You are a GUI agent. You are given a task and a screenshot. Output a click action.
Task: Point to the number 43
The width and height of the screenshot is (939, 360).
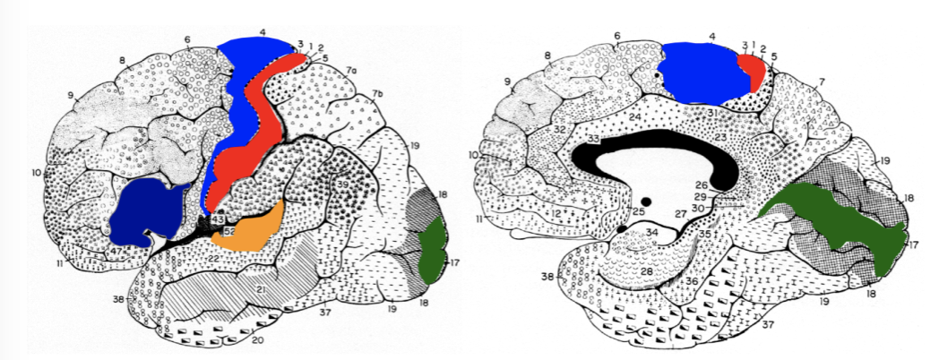(217, 220)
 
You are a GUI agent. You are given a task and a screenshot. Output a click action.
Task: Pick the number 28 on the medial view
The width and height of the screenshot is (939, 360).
(645, 270)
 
